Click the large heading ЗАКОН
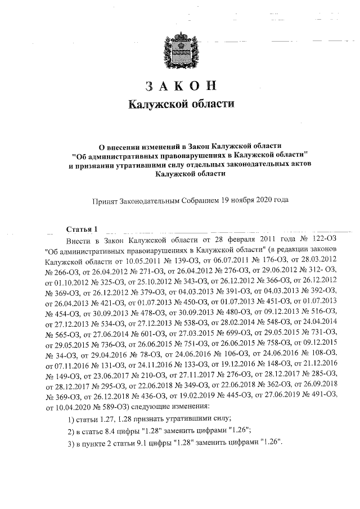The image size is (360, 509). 180,87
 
